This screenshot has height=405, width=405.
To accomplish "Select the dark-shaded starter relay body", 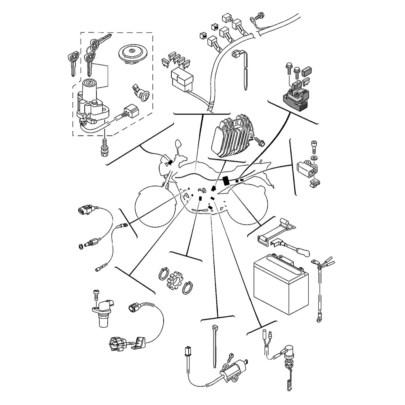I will (x=298, y=99).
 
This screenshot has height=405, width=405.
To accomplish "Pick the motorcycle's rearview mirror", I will (x=177, y=145).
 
